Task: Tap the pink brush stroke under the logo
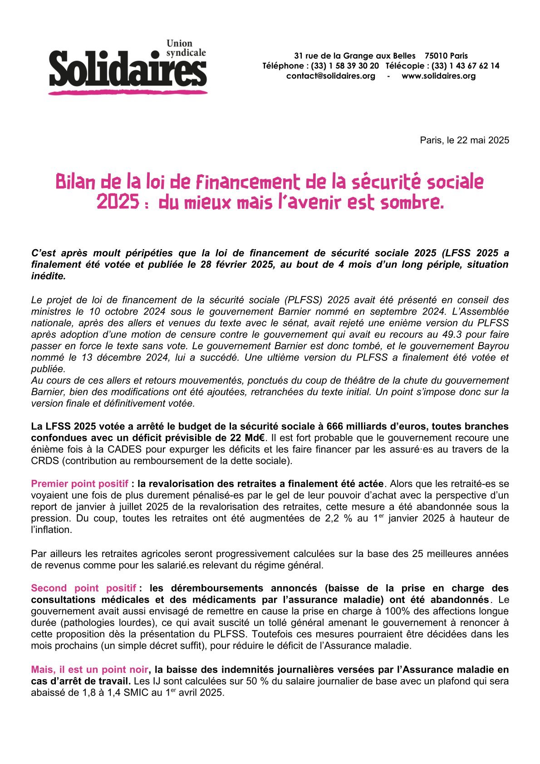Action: tap(128, 93)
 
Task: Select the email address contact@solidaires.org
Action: tap(330, 76)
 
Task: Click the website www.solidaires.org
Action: tap(438, 76)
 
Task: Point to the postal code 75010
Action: tap(435, 56)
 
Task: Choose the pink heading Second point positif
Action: tap(83, 588)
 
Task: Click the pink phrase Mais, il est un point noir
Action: tap(89, 670)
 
